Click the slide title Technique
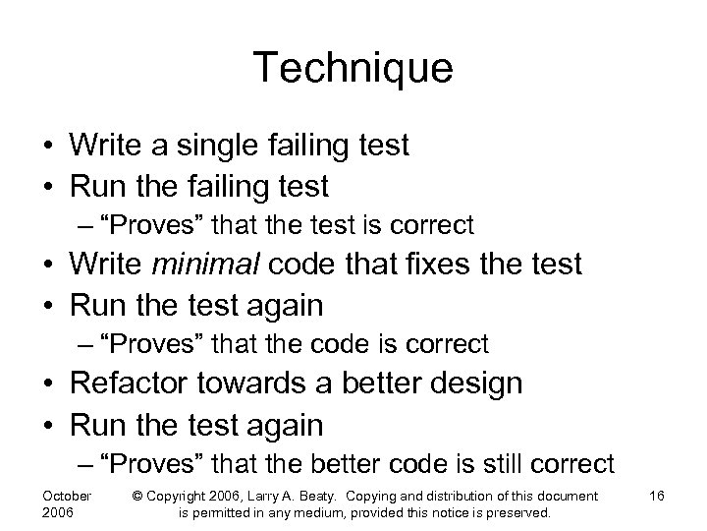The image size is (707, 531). [x=353, y=69]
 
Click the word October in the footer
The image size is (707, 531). [x=68, y=496]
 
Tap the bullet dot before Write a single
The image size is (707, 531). [x=48, y=147]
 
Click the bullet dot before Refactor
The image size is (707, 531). [x=48, y=384]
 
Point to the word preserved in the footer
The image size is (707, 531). [x=520, y=513]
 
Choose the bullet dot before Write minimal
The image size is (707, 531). [x=48, y=265]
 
